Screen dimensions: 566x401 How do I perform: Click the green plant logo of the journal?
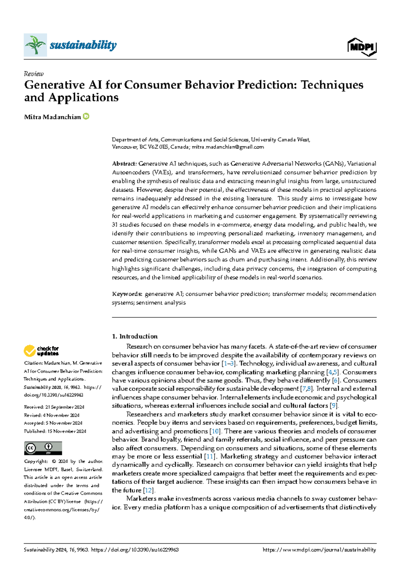35,45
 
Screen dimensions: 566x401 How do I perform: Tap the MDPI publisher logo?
362,47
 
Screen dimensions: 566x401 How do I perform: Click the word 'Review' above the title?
34,74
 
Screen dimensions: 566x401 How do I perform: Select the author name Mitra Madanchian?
52,117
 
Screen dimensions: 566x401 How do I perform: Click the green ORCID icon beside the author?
86,116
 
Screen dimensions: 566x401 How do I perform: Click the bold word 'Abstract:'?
124,164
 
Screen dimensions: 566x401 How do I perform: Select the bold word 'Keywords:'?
127,294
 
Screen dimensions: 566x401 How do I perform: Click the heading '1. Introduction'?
135,336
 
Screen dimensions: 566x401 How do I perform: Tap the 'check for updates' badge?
41,351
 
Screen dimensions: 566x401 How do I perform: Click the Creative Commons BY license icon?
43,448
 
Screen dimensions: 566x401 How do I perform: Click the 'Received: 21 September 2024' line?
54,407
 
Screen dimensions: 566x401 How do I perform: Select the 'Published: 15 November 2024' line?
55,431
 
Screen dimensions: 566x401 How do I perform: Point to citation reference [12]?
149,490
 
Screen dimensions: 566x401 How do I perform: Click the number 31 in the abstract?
115,225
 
